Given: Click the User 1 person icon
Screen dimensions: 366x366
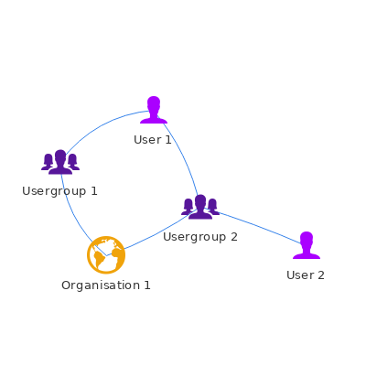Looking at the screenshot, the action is click(154, 110).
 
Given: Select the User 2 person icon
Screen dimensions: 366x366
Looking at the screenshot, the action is click(307, 245).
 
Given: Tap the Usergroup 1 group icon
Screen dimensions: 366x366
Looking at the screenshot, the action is click(60, 162).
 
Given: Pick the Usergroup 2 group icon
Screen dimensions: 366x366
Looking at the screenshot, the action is click(200, 207).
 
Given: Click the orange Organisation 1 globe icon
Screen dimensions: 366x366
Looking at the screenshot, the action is click(106, 255).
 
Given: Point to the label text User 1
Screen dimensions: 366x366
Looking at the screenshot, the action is click(153, 140).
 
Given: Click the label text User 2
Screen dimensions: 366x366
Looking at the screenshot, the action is click(306, 275).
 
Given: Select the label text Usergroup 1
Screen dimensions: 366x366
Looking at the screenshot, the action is click(59, 191).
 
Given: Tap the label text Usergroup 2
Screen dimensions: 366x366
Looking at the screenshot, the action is click(200, 237).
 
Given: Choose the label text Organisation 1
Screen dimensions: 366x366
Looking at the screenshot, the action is click(106, 285).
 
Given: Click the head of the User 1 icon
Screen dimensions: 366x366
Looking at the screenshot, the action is click(154, 103).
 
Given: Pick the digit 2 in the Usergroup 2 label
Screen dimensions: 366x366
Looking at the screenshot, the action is click(234, 236).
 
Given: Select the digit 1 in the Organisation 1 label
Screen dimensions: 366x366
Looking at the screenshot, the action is click(147, 285).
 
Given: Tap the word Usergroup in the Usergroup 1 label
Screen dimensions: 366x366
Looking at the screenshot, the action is click(54, 191).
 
